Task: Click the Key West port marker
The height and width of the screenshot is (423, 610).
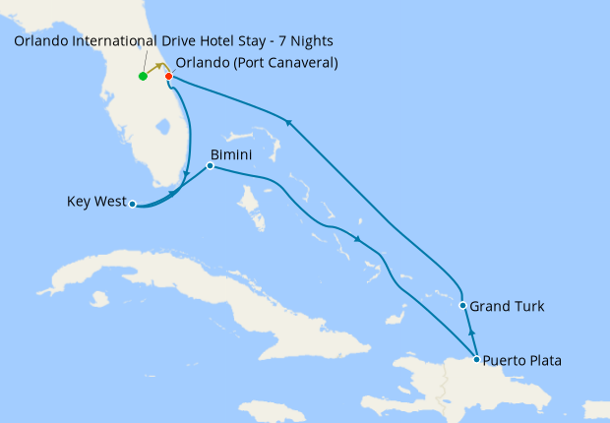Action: tap(132, 205)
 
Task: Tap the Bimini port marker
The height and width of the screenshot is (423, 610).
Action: tap(210, 165)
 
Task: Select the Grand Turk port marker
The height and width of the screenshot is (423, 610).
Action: tap(462, 306)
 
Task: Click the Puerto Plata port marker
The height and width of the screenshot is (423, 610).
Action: tap(476, 360)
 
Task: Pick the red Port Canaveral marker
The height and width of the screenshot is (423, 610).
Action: tap(168, 77)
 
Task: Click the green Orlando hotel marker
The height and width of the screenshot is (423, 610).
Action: tap(143, 77)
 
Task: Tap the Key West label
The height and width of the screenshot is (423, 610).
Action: tap(96, 203)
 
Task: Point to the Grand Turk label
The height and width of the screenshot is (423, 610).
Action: tap(507, 307)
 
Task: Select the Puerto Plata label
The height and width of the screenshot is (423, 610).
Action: tap(522, 361)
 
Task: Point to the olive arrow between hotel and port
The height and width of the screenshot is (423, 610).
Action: tap(157, 70)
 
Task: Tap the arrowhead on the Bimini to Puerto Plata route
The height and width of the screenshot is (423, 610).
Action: tap(359, 240)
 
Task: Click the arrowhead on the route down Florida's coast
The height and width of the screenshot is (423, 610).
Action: tap(187, 176)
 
